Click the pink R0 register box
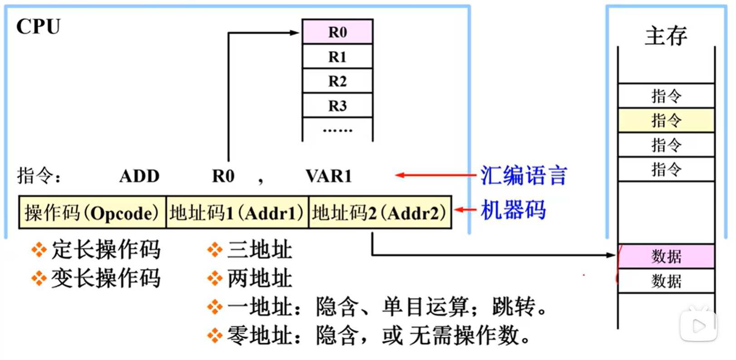[337, 32]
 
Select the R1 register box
[337, 57]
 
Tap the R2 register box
[337, 81]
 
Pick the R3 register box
[337, 106]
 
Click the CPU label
[38, 27]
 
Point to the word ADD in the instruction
[139, 176]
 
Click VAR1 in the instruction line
[329, 176]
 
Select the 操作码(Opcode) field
[92, 212]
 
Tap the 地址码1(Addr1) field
[237, 212]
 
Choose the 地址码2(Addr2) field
[380, 212]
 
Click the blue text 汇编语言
[524, 175]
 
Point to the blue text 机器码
[513, 210]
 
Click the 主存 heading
[666, 36]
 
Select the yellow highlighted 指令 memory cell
[666, 120]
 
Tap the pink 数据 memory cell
[666, 256]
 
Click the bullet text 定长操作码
[106, 250]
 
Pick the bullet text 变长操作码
[106, 278]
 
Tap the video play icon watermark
[698, 325]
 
